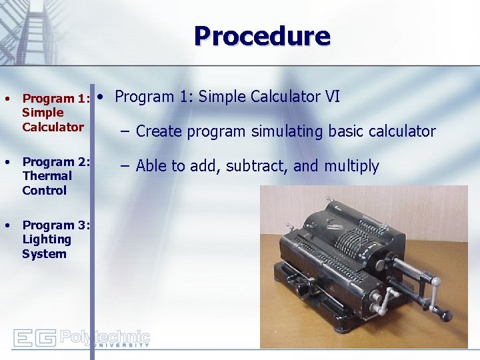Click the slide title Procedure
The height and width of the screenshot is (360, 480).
pyautogui.click(x=262, y=36)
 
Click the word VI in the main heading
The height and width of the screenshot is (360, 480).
pyautogui.click(x=332, y=97)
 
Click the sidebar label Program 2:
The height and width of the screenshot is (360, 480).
pyautogui.click(x=56, y=162)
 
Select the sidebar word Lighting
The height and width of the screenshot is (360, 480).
pyautogui.click(x=46, y=239)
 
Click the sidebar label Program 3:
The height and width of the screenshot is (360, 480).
pyautogui.click(x=56, y=225)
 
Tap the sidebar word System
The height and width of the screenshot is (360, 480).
pyautogui.click(x=44, y=254)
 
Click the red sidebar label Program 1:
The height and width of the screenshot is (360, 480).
pyautogui.click(x=56, y=99)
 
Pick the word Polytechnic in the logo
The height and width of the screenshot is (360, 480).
pyautogui.click(x=105, y=336)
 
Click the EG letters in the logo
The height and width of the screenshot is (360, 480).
pyautogui.click(x=35, y=338)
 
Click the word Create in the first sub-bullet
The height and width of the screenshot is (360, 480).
pyautogui.click(x=159, y=131)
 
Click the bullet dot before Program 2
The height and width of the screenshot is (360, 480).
pyautogui.click(x=7, y=162)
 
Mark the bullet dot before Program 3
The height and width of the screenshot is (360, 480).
pyautogui.click(x=7, y=225)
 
